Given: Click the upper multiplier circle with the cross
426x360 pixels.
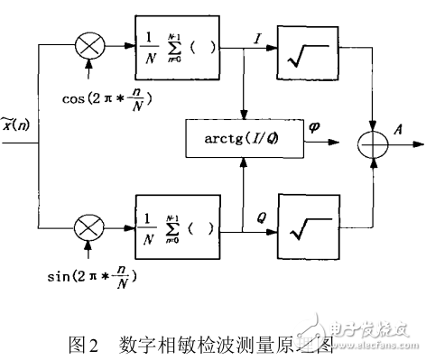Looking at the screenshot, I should pos(89,44).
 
